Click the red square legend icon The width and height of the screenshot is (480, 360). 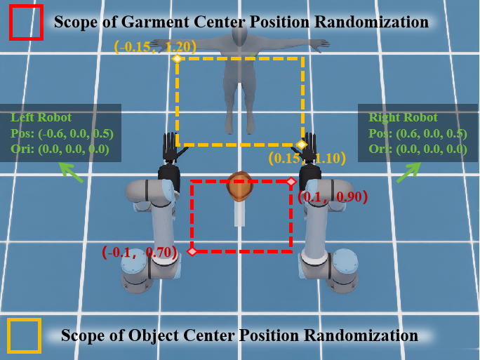coord(26,22)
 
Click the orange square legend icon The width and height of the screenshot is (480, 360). coord(24,336)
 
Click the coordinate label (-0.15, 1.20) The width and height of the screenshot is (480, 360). coord(155,46)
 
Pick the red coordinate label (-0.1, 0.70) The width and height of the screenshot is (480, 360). coord(140,252)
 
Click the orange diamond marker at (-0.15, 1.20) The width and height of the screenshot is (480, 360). coord(177,58)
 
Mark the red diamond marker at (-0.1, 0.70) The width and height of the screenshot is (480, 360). coord(192,252)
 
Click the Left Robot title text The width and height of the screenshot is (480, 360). coord(41,118)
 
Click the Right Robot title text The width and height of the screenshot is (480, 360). coord(403,118)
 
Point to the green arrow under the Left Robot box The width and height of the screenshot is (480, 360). coord(71,173)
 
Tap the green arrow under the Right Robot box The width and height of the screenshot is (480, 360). coord(409,173)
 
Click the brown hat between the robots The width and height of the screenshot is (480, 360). coord(240,187)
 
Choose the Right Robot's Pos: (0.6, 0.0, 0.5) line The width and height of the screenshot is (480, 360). coord(418,134)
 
